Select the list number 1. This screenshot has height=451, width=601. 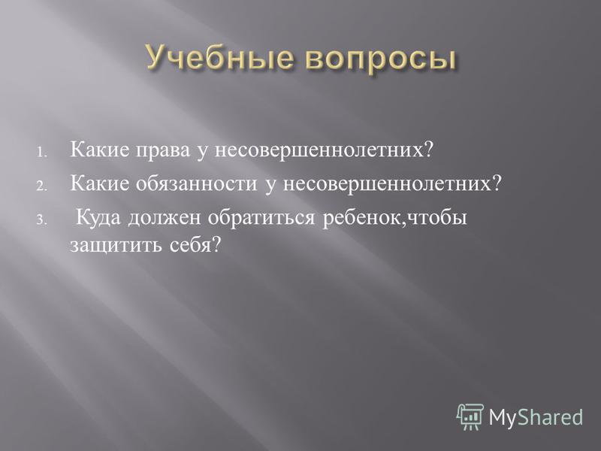(42, 153)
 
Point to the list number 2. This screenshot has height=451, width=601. (42, 186)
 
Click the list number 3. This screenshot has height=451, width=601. (42, 220)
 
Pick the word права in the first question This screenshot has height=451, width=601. (162, 151)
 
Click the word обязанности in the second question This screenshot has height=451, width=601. (196, 183)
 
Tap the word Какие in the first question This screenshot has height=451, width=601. (100, 149)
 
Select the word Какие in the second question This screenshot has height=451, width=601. (100, 183)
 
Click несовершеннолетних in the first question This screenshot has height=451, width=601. (324, 150)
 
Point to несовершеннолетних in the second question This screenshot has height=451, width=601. (391, 183)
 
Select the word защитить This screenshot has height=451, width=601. (116, 246)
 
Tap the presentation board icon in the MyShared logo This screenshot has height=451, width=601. (470, 417)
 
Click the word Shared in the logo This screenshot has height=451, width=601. (551, 416)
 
